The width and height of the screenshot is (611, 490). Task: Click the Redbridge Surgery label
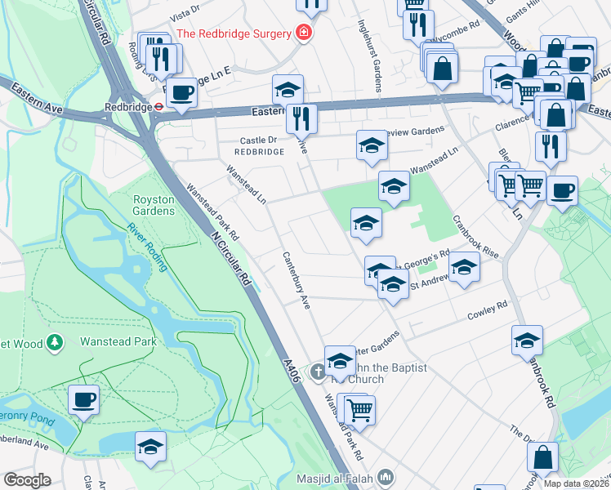pos(234,33)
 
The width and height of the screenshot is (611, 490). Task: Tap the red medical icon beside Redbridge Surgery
pos(304,33)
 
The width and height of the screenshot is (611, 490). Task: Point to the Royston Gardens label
pos(154,205)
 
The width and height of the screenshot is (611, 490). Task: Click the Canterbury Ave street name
pos(297,279)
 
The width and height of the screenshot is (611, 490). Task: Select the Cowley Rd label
pos(487,314)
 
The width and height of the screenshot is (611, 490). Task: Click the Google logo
pos(26,480)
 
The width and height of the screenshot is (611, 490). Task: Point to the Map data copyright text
pos(576,483)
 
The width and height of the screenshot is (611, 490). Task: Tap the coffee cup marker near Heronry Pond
pos(83,400)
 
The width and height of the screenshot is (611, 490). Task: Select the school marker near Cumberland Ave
pos(151,447)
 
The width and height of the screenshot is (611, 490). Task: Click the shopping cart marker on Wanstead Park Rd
pos(360,411)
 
